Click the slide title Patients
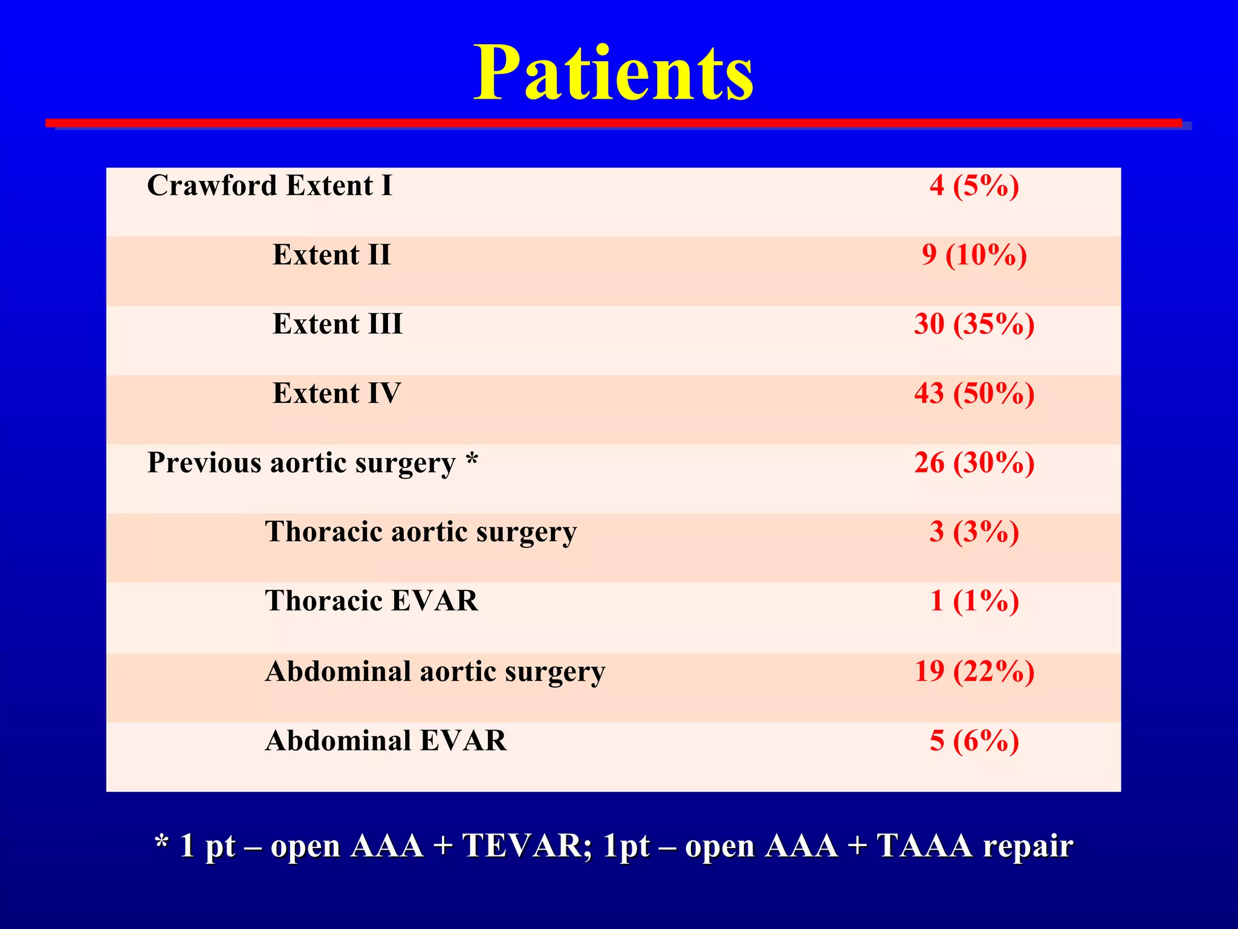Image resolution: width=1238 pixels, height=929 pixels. pos(613,74)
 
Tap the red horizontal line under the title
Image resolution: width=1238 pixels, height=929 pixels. pos(613,123)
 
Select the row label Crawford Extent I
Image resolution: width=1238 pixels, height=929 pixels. pos(270,186)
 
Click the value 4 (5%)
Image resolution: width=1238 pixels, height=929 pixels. pos(974,186)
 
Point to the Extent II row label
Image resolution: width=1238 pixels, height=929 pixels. pos(331,255)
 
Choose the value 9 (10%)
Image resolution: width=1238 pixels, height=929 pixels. pos(974,255)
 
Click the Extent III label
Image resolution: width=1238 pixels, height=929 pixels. pos(337,324)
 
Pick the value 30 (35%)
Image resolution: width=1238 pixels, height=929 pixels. pos(974,324)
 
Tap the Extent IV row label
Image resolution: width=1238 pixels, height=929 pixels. pos(336,394)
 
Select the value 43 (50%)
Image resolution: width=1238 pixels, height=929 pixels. pos(974,394)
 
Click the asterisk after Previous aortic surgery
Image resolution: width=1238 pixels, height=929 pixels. pos(472,460)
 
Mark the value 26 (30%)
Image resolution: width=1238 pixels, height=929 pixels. pos(974,463)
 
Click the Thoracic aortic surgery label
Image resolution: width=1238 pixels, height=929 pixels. pos(421,532)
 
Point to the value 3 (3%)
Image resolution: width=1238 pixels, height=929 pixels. pos(974,532)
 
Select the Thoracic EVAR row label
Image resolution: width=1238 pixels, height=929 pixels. pos(371,601)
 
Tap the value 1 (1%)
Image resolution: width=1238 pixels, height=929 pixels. pos(974,601)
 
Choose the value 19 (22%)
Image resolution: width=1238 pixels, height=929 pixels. pos(974,671)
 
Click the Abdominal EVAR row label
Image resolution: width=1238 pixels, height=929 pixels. pos(386,741)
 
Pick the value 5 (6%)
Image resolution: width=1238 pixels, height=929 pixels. pos(974,741)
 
